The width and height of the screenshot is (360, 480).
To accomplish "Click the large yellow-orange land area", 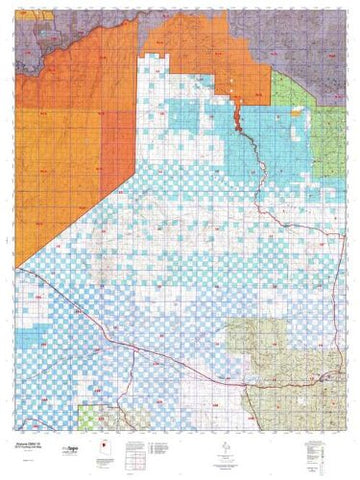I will click(60, 150).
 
